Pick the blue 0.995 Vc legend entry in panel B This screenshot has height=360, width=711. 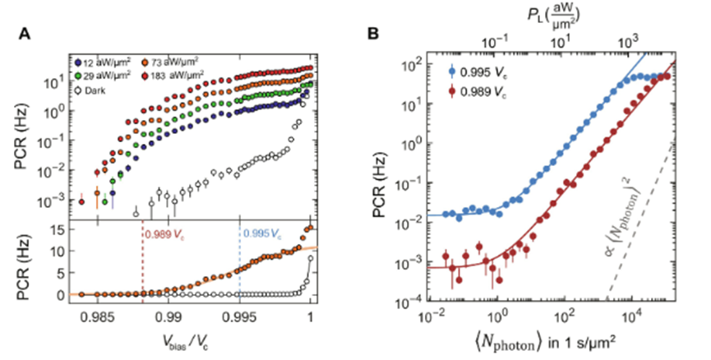pyautogui.click(x=464, y=71)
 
